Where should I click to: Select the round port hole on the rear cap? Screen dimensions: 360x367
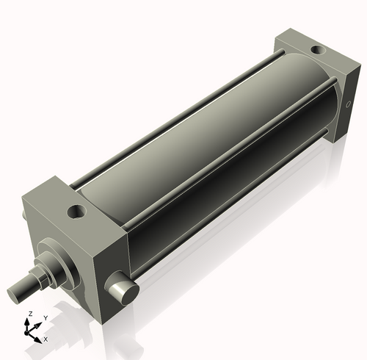tap(317, 51)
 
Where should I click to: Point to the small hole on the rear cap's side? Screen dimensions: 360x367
tap(347, 107)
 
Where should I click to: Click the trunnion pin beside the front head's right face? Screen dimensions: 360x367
tap(126, 289)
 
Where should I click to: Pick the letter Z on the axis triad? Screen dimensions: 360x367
tap(29, 314)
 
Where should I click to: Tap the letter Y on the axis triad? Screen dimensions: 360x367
tap(46, 318)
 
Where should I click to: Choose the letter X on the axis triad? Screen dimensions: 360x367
tap(46, 339)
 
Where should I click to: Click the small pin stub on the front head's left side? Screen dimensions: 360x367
tap(27, 216)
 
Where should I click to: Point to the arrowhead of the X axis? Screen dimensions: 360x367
tap(40, 339)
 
